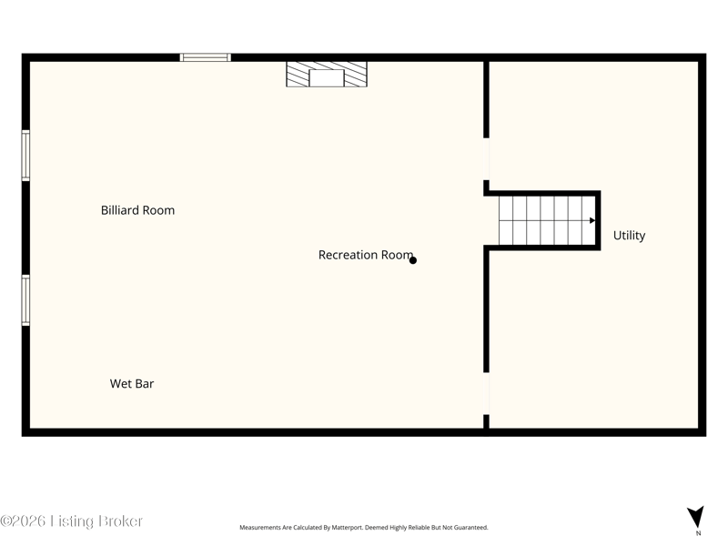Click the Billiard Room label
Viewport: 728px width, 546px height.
tap(138, 210)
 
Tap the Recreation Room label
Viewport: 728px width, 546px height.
tap(366, 255)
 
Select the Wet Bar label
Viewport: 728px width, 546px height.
tap(132, 383)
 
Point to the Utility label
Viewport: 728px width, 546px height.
tap(629, 236)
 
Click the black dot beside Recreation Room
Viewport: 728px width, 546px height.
tap(413, 260)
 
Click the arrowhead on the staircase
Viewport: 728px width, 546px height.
tap(592, 220)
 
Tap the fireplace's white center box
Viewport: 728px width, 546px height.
tap(327, 78)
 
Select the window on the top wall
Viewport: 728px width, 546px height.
tap(206, 57)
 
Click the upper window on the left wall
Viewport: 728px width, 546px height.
tap(26, 156)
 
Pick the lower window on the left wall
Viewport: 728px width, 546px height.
tap(26, 300)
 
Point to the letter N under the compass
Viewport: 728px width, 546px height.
tap(698, 533)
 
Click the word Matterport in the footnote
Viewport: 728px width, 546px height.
tap(347, 528)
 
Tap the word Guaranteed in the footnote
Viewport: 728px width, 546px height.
tap(471, 528)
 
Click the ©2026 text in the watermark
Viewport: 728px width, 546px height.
tap(23, 521)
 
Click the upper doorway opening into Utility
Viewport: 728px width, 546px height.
tap(486, 159)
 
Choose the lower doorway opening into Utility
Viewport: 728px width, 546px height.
tap(486, 394)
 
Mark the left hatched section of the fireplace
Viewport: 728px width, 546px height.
tap(298, 75)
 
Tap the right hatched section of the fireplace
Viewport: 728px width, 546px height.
tap(356, 75)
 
